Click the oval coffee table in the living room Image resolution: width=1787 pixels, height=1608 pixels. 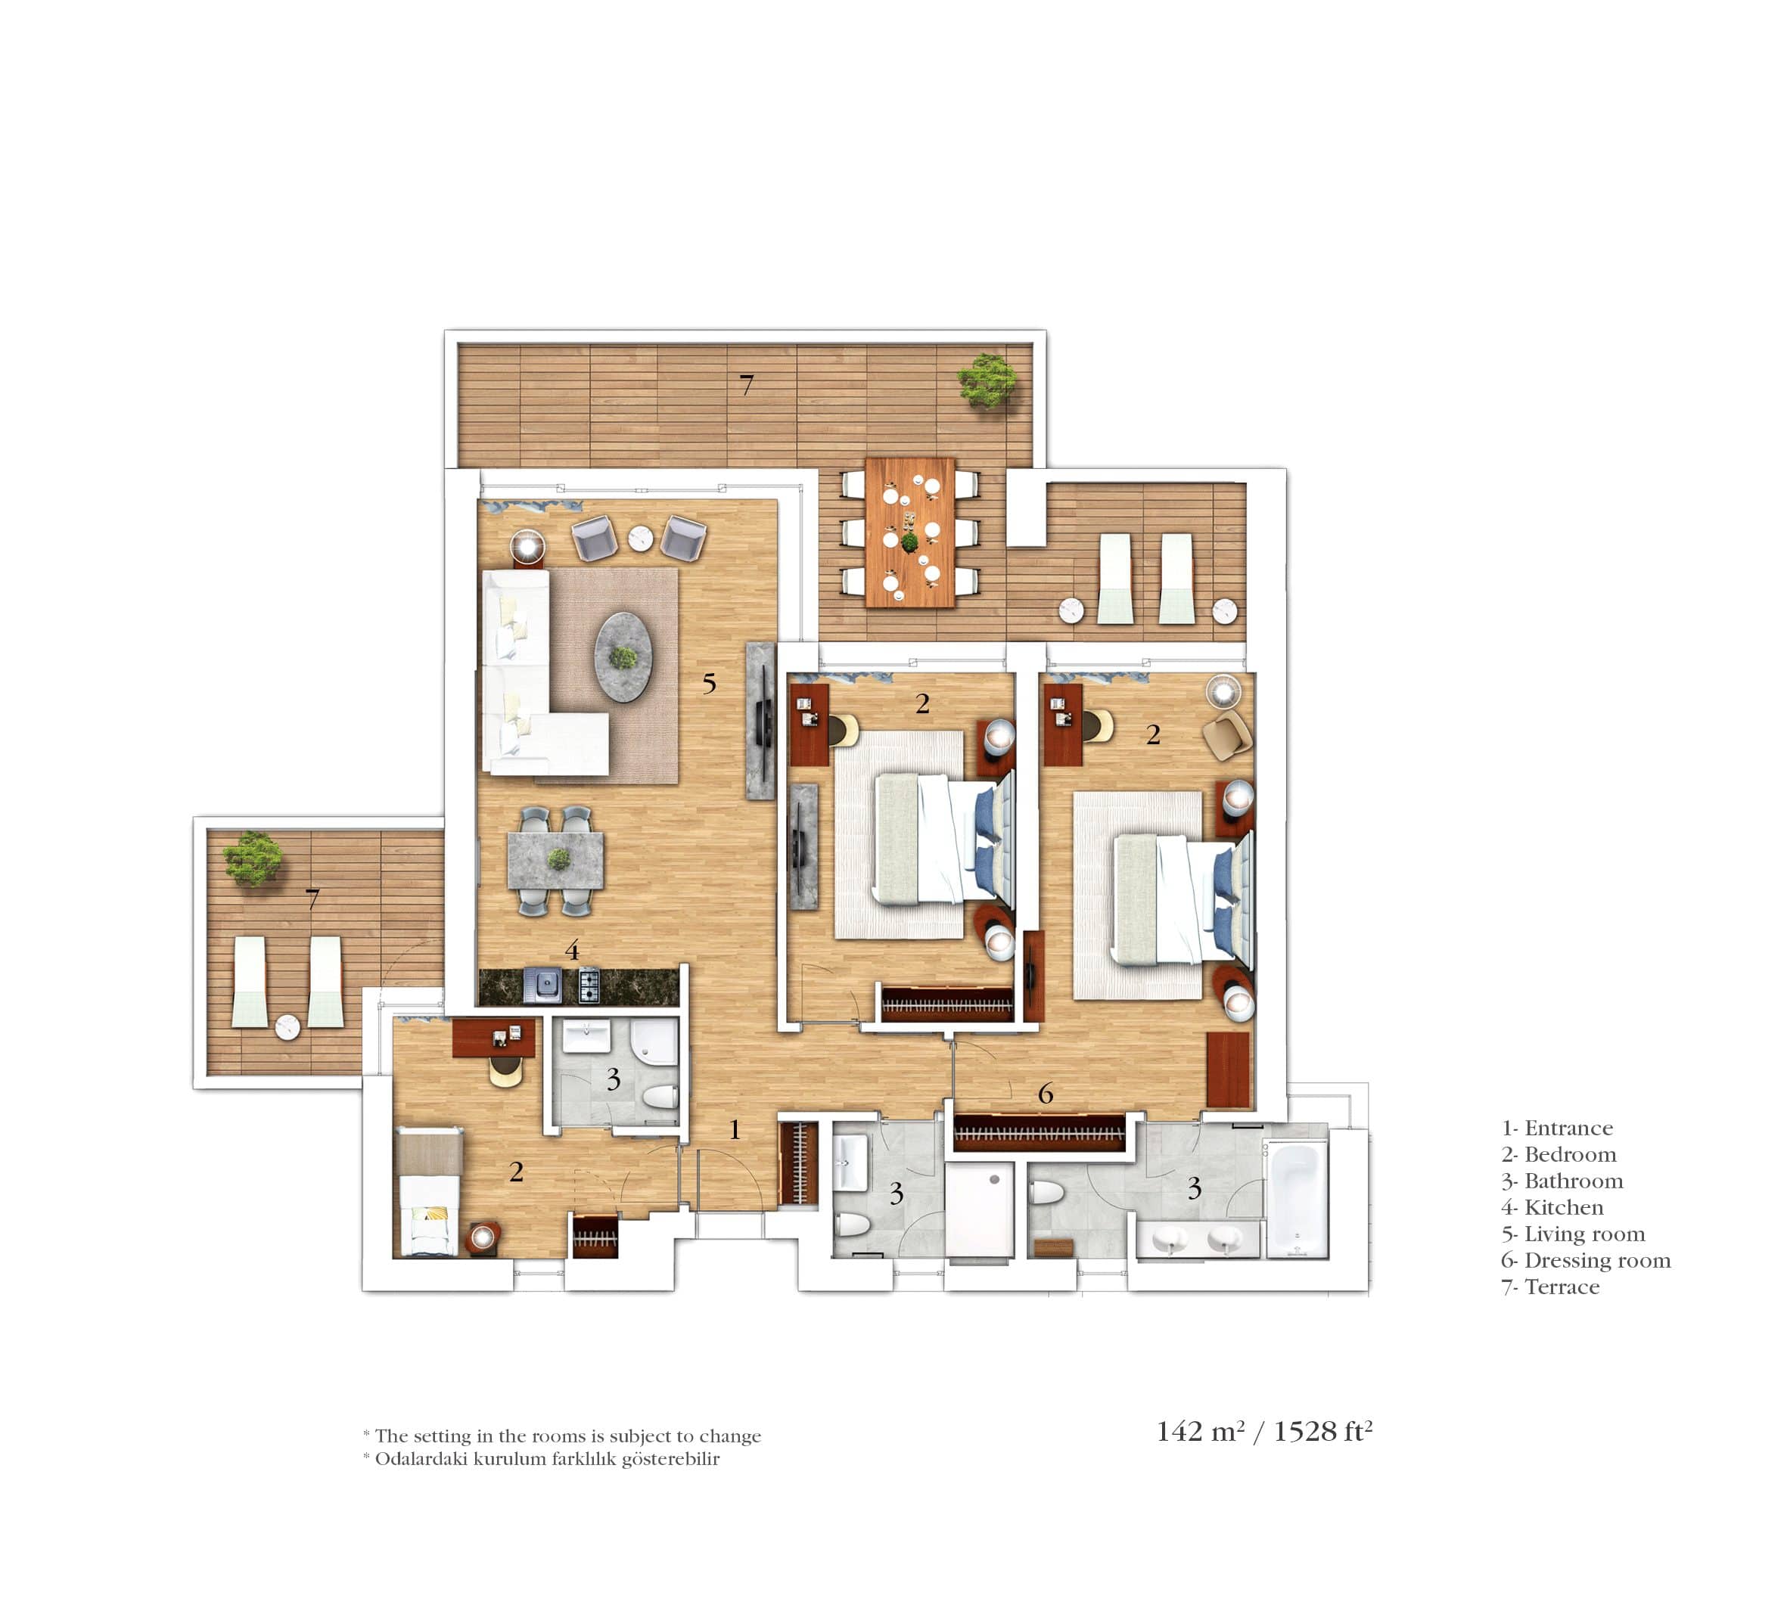pyautogui.click(x=625, y=657)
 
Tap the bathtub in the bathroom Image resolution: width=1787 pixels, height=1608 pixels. pyautogui.click(x=1297, y=1198)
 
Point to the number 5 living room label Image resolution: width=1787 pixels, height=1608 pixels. pyautogui.click(x=709, y=683)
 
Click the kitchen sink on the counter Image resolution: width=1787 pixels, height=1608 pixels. pyautogui.click(x=542, y=985)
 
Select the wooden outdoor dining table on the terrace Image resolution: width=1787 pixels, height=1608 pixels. pyautogui.click(x=910, y=532)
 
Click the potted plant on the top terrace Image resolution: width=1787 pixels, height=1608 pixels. pyautogui.click(x=987, y=380)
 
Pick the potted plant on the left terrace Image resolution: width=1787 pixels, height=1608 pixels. pyautogui.click(x=253, y=857)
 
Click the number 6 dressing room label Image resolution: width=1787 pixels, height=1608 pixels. pyautogui.click(x=1046, y=1094)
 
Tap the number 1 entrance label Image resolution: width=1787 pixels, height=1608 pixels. pyautogui.click(x=735, y=1129)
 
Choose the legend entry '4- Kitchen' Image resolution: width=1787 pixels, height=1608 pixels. pyautogui.click(x=1552, y=1208)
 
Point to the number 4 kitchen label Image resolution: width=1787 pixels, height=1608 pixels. pyautogui.click(x=572, y=951)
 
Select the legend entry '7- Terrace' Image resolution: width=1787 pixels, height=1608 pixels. pyautogui.click(x=1550, y=1287)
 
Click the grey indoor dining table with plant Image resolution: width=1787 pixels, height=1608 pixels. pyautogui.click(x=556, y=860)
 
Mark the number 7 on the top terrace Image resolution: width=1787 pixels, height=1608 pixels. pyautogui.click(x=747, y=385)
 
